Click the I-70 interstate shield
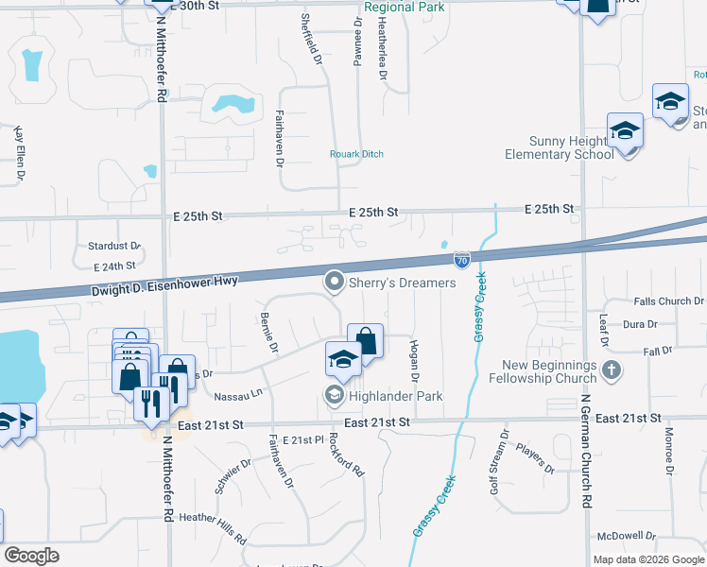[461, 259]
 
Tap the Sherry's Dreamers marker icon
[334, 282]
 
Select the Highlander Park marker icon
[334, 395]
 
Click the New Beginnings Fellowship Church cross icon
[612, 369]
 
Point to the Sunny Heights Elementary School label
[560, 146]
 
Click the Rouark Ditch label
[356, 154]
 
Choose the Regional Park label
[405, 7]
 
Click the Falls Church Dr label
[670, 301]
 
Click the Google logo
[32, 556]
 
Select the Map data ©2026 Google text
[647, 559]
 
